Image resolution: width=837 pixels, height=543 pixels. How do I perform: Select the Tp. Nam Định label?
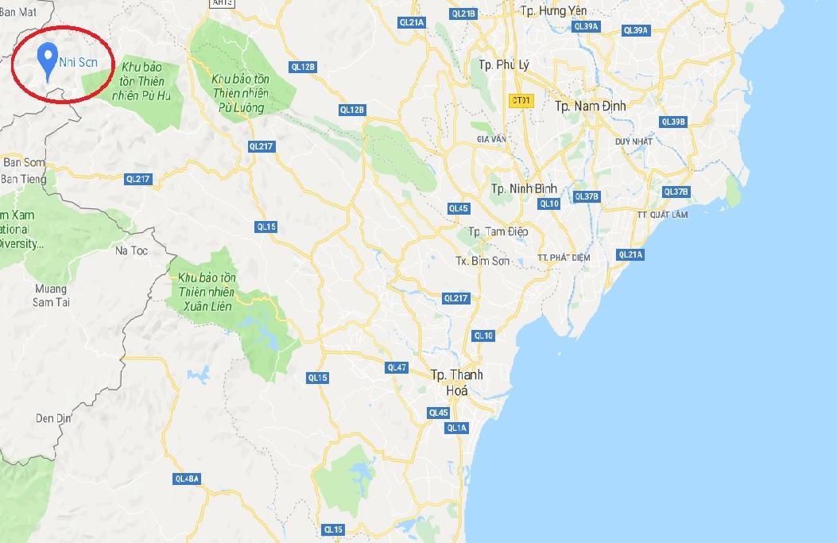[x=591, y=106]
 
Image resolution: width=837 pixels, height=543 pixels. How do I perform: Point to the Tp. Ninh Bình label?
[x=523, y=188]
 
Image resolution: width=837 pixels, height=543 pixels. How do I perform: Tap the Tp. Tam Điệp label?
[x=498, y=231]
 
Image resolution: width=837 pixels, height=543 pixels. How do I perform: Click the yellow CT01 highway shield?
[x=521, y=100]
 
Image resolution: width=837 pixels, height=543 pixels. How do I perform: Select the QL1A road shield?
[x=456, y=428]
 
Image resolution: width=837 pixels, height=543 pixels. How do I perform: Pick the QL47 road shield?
[x=396, y=367]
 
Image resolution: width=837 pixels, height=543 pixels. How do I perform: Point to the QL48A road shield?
[x=187, y=479]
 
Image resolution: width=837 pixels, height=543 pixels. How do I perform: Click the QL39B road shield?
[x=672, y=122]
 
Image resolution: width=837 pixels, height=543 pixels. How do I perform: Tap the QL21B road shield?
[x=463, y=13]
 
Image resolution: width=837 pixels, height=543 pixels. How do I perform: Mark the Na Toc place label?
[x=132, y=250]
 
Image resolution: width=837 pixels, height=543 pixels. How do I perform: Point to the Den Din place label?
[x=55, y=418]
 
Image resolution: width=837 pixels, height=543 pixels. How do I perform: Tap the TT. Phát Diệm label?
[x=564, y=257]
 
